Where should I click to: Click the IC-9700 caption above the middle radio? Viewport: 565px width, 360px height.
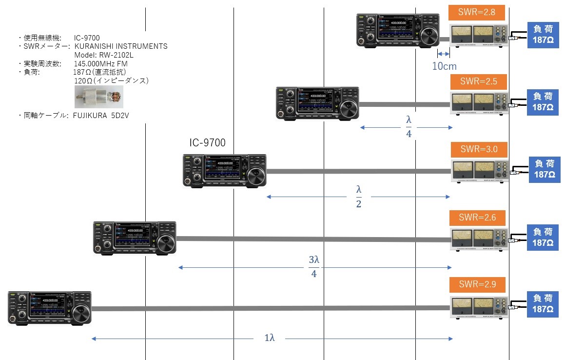208,142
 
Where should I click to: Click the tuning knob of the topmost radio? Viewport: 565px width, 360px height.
429,37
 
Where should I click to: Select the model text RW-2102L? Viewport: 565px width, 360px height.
103,55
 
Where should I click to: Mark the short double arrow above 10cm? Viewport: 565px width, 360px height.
443,54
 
